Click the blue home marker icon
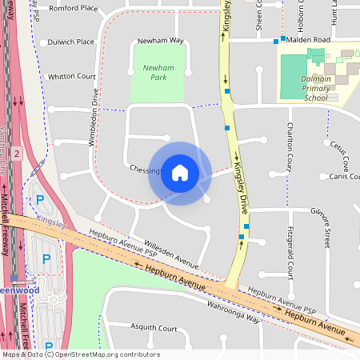click(x=180, y=173)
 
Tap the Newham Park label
click(x=158, y=74)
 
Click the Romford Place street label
click(x=73, y=9)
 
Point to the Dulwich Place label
click(x=70, y=42)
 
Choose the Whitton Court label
click(x=72, y=76)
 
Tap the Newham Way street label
click(x=160, y=40)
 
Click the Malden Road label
click(x=309, y=39)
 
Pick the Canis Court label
click(x=343, y=177)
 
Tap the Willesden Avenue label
click(x=170, y=254)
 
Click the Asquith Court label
click(x=153, y=328)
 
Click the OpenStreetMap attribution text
click(x=80, y=354)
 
